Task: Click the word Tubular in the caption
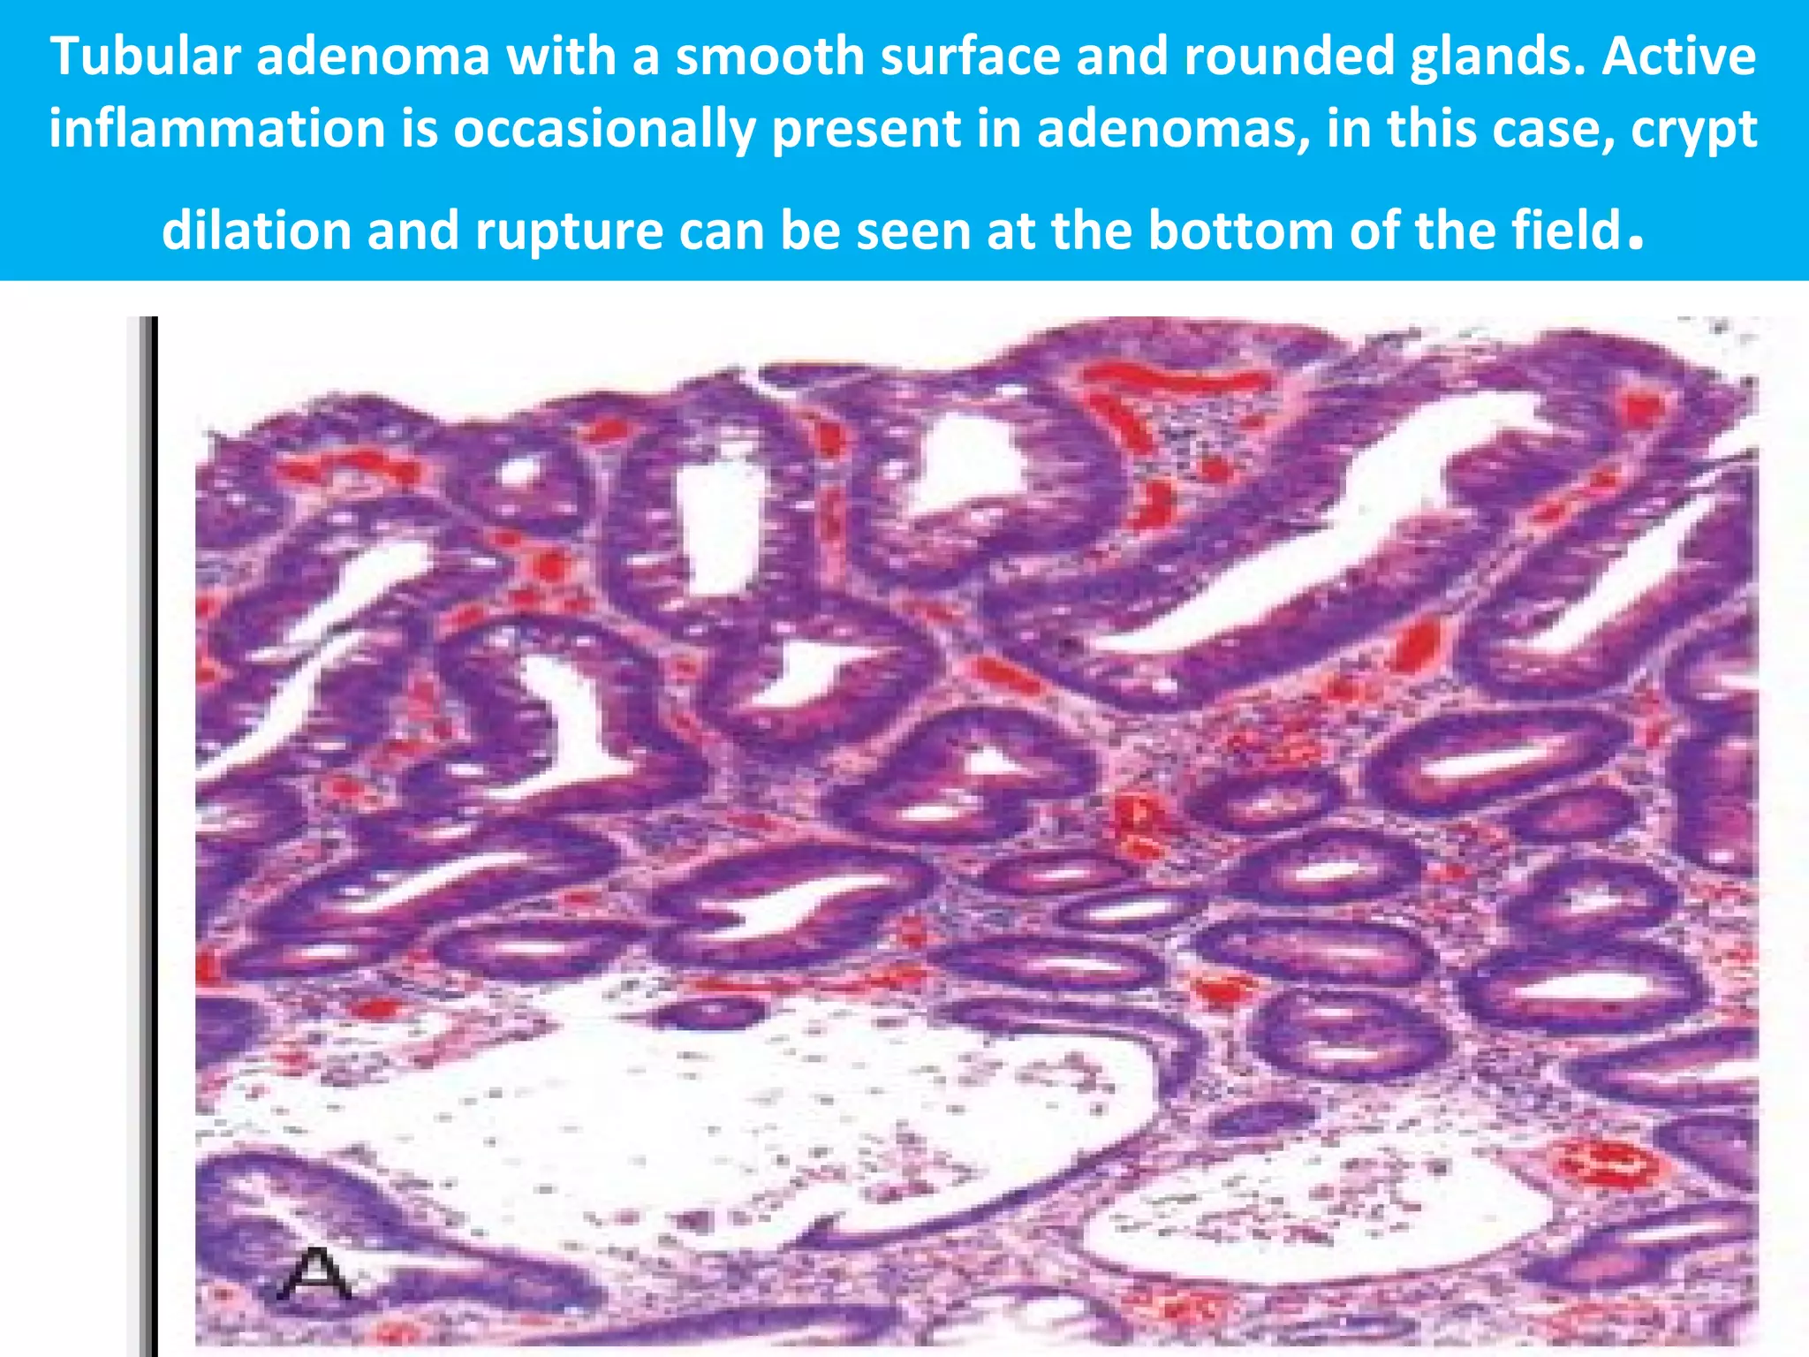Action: pyautogui.click(x=146, y=57)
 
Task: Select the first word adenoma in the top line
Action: pyautogui.click(x=373, y=57)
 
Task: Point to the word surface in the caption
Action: pyautogui.click(x=977, y=57)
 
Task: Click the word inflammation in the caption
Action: pyautogui.click(x=217, y=129)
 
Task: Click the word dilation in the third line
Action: pyautogui.click(x=257, y=231)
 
